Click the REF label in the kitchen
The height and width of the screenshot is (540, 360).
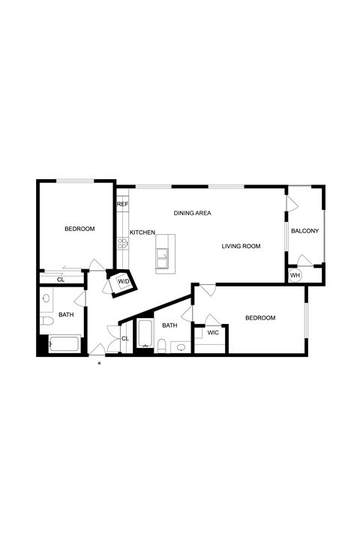(x=122, y=204)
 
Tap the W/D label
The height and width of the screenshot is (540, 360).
(x=124, y=282)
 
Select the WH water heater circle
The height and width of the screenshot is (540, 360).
(x=295, y=275)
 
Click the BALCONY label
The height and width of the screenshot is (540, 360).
(x=305, y=231)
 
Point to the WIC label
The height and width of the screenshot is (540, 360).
(x=213, y=333)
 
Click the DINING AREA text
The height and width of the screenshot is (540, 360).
(x=192, y=213)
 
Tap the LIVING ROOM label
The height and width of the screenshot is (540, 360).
(x=241, y=246)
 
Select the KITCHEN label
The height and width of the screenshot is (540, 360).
(x=142, y=232)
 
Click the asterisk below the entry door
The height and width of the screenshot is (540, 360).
(x=99, y=364)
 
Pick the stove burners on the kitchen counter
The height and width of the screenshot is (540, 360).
(x=122, y=244)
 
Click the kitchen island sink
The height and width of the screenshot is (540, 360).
(x=162, y=258)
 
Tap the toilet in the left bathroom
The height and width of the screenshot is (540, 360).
(x=46, y=321)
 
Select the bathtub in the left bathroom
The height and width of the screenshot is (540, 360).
(x=64, y=344)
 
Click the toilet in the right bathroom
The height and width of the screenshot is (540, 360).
(x=161, y=346)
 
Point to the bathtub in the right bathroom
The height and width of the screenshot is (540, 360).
(x=145, y=333)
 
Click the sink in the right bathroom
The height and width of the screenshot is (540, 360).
(x=181, y=347)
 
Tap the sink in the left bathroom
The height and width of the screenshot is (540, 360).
(x=46, y=298)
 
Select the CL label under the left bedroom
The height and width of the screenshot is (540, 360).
(x=61, y=280)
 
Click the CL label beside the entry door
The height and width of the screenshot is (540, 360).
(x=125, y=339)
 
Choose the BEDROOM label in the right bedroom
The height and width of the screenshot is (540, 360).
(x=260, y=318)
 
